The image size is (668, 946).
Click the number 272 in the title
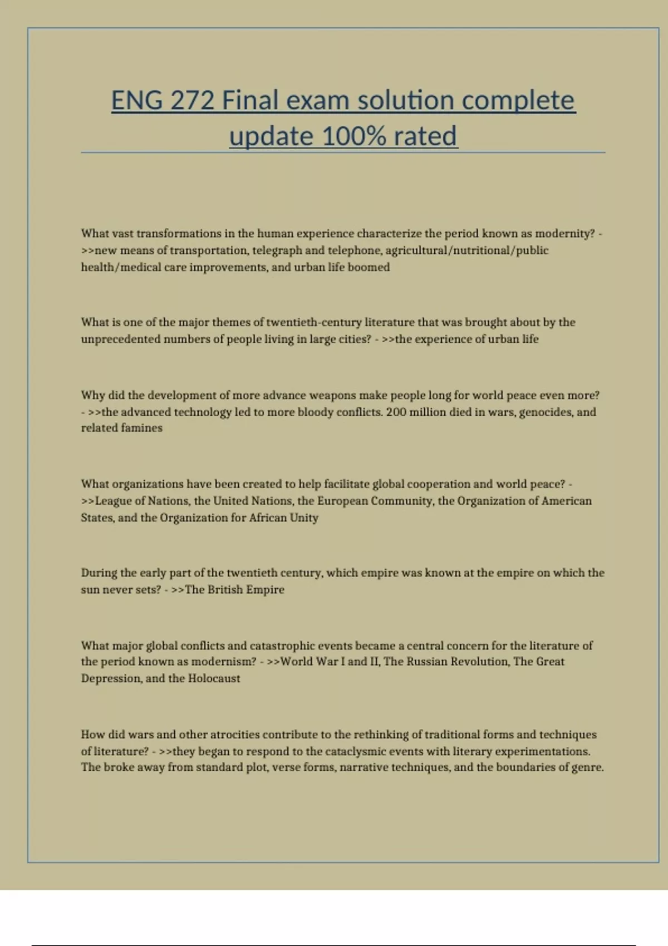click(x=192, y=101)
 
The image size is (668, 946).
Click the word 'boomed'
click(x=369, y=267)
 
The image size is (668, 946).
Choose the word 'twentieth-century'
click(x=313, y=322)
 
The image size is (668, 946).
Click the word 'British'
click(x=225, y=590)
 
